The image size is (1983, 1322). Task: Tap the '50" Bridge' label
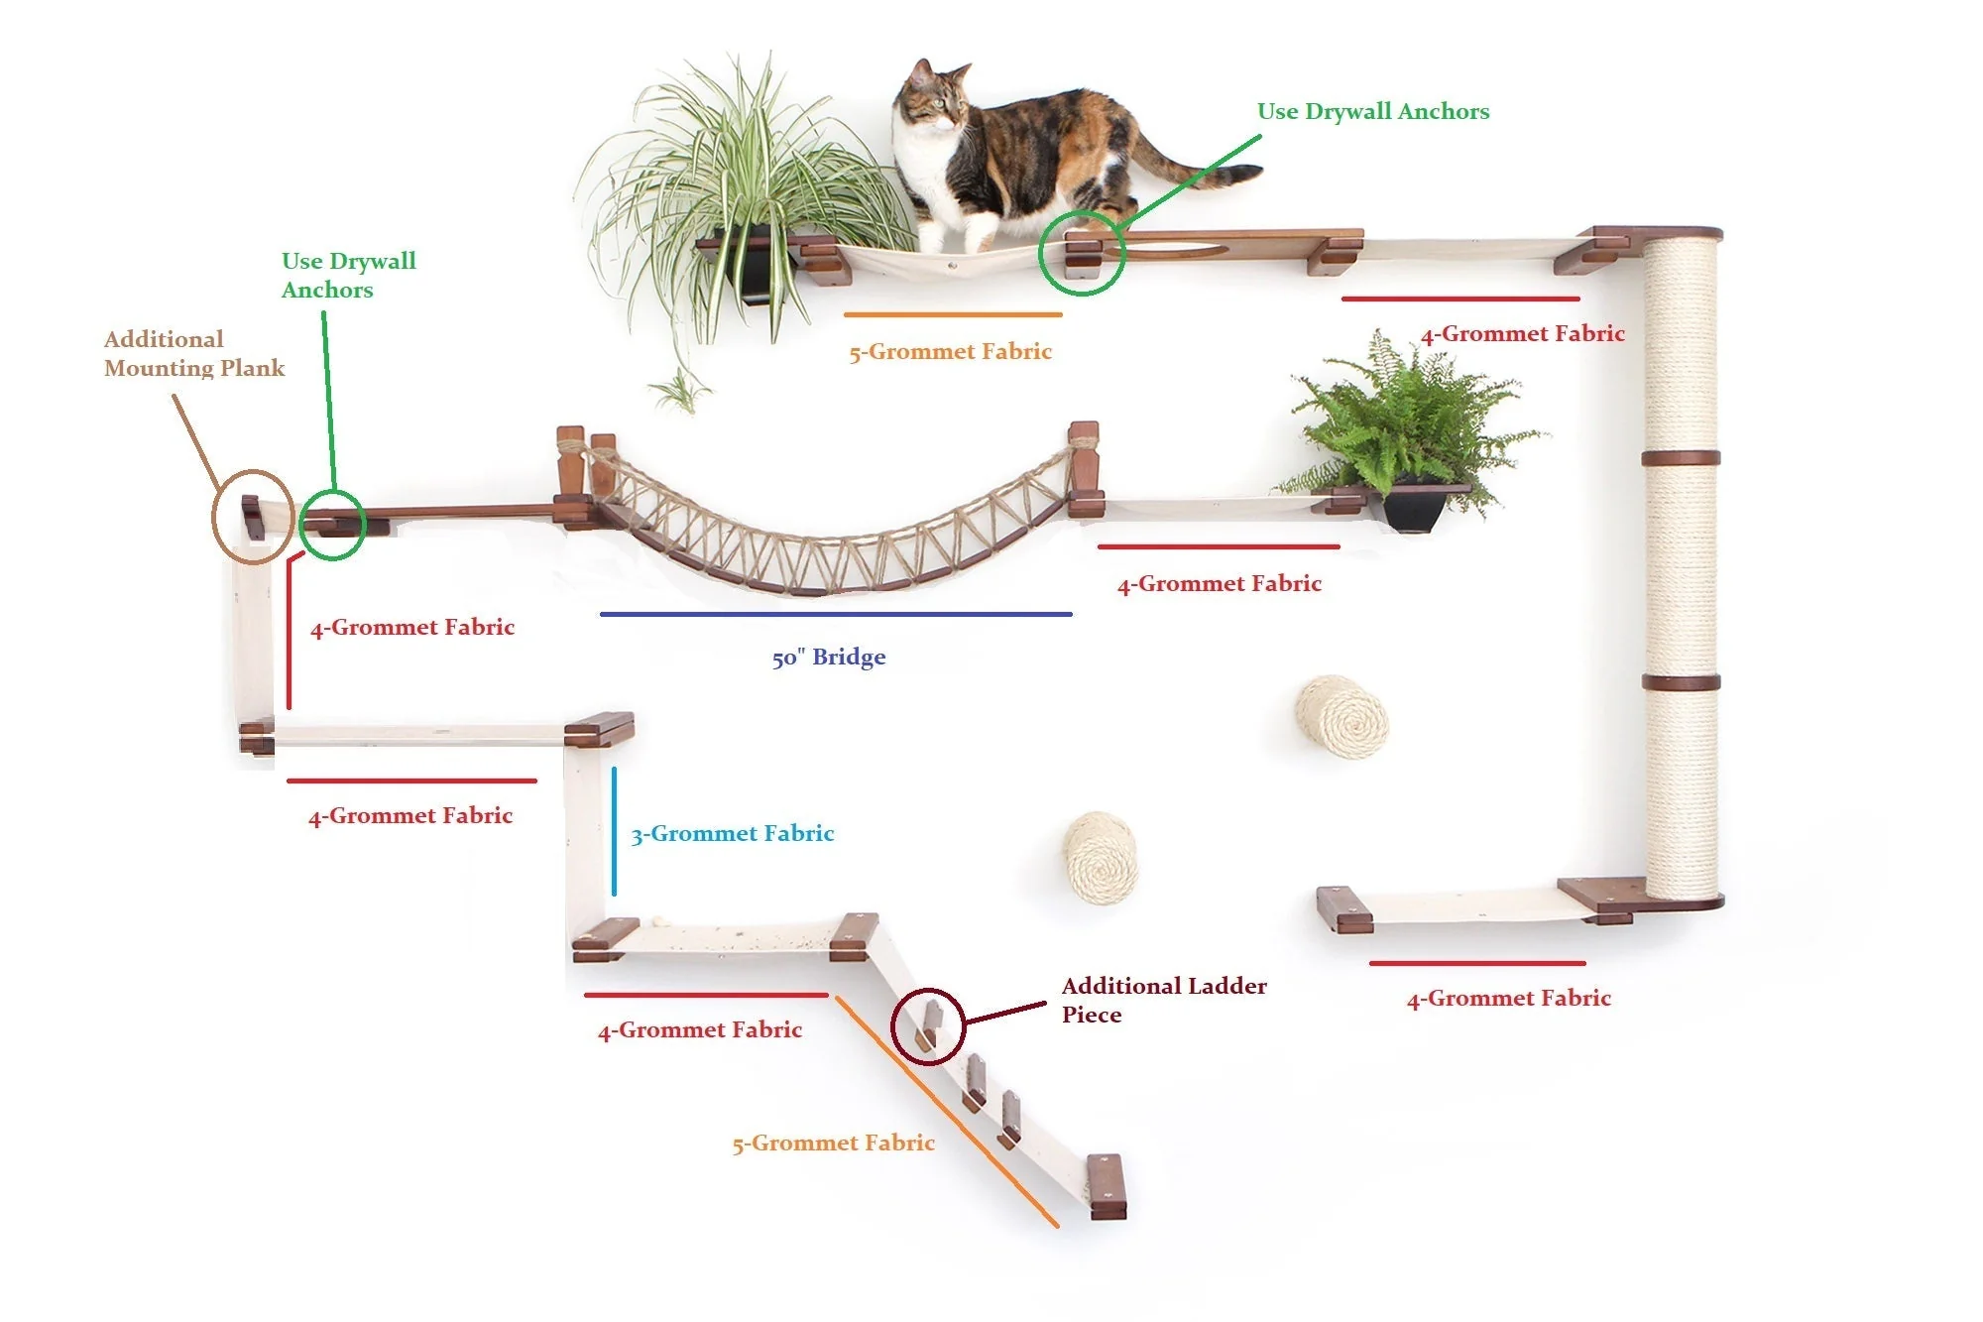[x=829, y=658]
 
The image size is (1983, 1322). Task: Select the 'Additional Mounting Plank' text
[x=194, y=354]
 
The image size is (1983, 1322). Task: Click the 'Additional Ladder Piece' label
[x=1164, y=1000]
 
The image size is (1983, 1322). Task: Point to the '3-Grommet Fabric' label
[x=733, y=834]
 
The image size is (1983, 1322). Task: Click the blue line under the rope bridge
[x=836, y=614]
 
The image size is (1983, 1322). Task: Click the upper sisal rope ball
[x=1341, y=716]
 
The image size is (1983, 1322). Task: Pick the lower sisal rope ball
[x=1100, y=858]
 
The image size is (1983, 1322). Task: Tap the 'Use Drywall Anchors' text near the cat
[x=1373, y=112]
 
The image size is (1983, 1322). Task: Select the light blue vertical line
[x=614, y=831]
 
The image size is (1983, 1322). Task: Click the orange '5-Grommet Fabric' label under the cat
[x=950, y=352]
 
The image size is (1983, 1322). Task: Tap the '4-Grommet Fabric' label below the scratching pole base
[x=1509, y=999]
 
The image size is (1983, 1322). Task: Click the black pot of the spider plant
[x=754, y=264]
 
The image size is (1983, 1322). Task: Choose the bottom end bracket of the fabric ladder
[x=1107, y=1187]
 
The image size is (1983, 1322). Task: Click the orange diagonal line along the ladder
[x=947, y=1112]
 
